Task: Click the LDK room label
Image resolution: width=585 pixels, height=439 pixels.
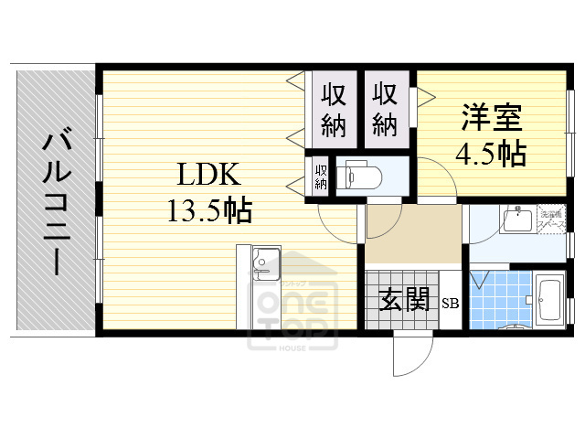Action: pos(207,173)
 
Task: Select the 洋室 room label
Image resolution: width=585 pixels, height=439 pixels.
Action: pos(491,119)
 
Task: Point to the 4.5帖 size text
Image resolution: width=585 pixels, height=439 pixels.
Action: pos(491,153)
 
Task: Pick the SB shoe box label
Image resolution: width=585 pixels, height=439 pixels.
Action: pos(452,304)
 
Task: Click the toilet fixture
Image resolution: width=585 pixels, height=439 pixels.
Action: pos(358,175)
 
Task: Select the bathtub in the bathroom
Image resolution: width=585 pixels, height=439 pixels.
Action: pos(549,299)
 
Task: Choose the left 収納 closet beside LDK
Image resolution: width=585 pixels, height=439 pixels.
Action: pos(333,108)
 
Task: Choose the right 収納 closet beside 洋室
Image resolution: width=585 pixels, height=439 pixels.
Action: pos(385,108)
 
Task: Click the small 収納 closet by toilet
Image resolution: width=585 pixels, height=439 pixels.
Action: pos(321,176)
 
